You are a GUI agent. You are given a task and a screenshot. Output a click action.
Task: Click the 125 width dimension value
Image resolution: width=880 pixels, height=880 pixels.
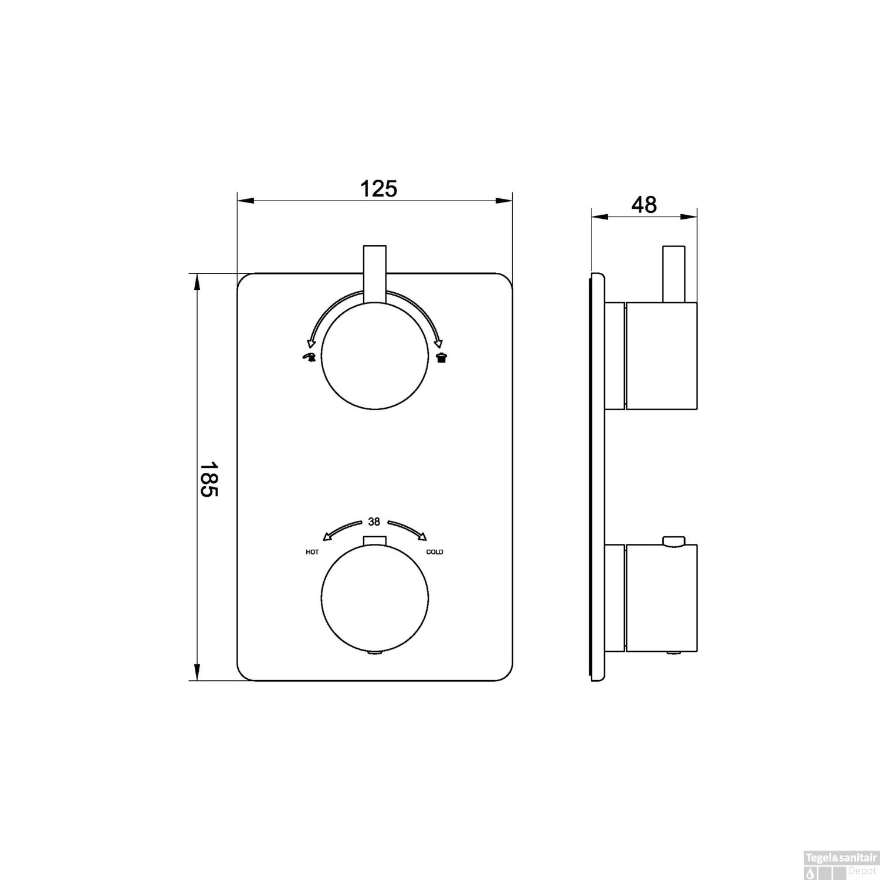378,189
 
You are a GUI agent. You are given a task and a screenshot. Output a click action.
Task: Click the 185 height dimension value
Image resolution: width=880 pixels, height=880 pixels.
209,478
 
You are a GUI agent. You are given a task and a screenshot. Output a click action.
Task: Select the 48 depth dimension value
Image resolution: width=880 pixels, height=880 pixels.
644,205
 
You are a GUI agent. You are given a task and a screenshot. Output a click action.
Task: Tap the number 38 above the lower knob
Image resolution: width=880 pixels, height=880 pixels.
374,521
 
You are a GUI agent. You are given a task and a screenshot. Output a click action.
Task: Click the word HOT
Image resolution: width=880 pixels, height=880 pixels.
312,552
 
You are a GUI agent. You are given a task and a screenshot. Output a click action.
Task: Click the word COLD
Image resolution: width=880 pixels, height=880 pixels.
435,552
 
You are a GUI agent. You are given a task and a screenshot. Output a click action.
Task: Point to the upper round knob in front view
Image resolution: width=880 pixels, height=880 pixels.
374,356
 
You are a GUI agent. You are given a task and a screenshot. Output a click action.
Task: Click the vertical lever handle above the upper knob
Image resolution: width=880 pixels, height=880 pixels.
375,274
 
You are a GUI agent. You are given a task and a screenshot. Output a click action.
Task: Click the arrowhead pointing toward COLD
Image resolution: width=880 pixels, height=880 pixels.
422,535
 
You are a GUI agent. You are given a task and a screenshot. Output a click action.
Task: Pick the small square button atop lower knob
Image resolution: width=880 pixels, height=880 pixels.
374,540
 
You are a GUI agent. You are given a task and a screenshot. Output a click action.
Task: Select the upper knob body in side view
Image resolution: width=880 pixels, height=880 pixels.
661,356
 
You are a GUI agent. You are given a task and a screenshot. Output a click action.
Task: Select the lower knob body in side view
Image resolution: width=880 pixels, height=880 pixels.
661,598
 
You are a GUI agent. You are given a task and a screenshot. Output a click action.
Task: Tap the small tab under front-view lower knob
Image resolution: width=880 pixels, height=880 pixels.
374,652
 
